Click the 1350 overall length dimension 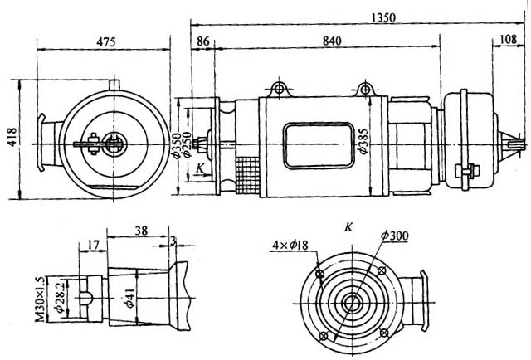pos(360,17)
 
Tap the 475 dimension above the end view pos(104,41)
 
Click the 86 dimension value pos(203,41)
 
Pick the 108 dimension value pos(507,41)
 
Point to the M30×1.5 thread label pos(39,293)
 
